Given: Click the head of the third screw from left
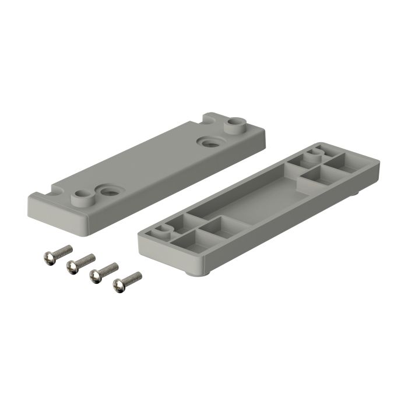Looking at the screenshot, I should click(x=95, y=277).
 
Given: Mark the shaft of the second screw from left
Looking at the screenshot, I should click(x=86, y=259).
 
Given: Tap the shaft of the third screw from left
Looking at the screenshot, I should click(x=109, y=269).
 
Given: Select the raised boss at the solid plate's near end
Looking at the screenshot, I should click(x=81, y=195).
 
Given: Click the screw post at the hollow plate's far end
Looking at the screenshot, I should click(x=314, y=154).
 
